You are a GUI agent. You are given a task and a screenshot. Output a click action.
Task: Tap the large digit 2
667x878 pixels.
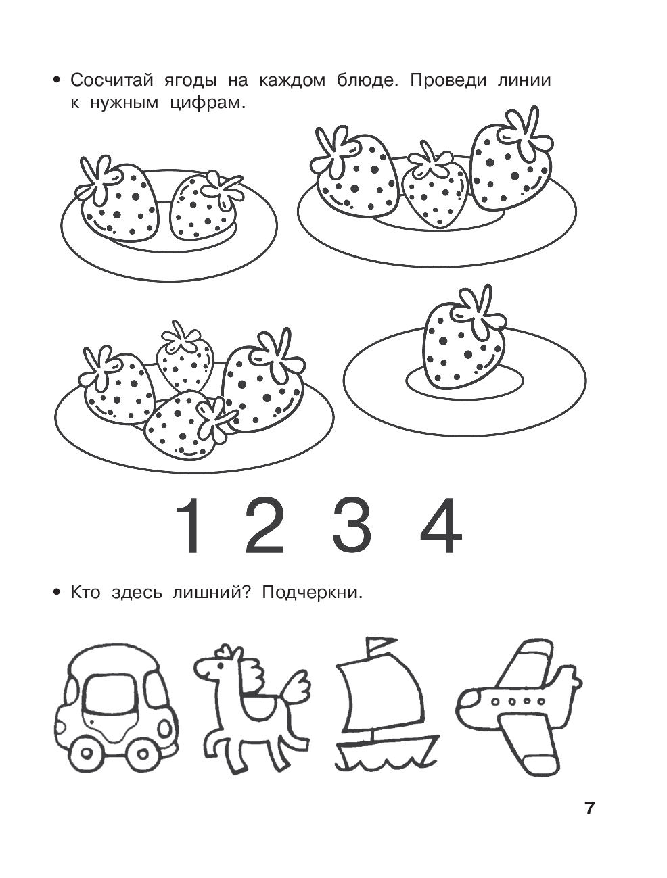[x=264, y=525]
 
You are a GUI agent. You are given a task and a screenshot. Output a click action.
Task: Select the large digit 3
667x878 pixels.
[x=352, y=525]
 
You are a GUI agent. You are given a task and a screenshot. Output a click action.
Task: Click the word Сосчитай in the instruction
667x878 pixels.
[x=112, y=81]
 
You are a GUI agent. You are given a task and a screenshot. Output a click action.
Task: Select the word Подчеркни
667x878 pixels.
[x=313, y=604]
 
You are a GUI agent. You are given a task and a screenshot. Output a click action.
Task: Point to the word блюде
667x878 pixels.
[x=368, y=81]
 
